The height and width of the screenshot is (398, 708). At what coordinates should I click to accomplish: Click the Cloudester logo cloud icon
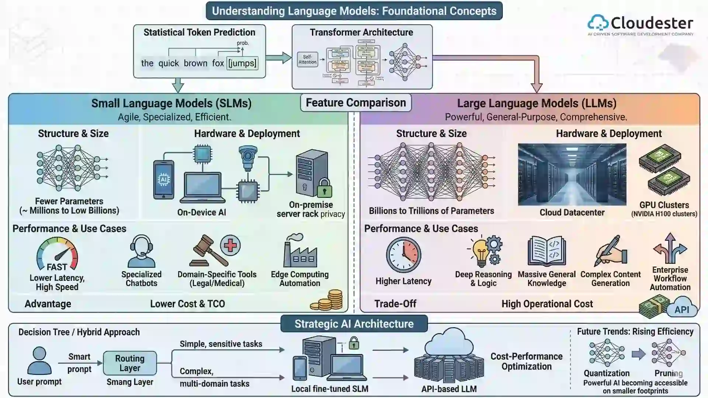(598, 22)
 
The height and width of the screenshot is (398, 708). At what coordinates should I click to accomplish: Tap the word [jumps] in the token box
(242, 63)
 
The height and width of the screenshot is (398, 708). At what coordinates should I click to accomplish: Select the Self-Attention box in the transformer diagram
(307, 60)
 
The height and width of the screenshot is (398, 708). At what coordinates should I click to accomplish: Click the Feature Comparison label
(355, 103)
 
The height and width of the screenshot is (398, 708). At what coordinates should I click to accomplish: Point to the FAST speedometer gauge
(57, 255)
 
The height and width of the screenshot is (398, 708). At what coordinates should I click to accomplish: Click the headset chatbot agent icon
(141, 251)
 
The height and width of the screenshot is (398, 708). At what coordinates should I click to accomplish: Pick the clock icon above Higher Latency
(403, 255)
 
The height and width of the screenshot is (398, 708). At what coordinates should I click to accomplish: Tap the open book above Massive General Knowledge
(546, 251)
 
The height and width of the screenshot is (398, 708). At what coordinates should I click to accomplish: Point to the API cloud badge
(682, 309)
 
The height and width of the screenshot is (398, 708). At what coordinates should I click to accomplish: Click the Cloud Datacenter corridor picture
(572, 175)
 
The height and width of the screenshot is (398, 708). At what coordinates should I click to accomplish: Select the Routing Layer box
(130, 363)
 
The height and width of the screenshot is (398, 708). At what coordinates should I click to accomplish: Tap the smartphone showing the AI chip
(163, 179)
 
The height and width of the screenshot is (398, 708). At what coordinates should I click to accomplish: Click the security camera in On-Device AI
(247, 157)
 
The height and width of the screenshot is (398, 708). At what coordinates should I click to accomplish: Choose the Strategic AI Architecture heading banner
(354, 324)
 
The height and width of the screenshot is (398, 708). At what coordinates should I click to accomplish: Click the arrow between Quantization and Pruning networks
(638, 354)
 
